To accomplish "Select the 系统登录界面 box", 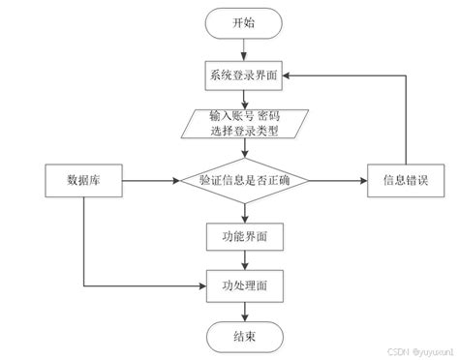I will click(244, 74).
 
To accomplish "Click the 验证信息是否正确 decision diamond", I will click(244, 180).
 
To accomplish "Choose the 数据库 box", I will click(85, 180).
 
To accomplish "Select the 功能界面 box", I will click(244, 235).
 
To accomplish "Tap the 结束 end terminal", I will click(244, 336).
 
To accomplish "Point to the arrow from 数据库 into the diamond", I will click(150, 180).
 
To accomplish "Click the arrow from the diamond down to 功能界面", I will click(244, 213).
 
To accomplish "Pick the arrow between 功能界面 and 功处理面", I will click(244, 260).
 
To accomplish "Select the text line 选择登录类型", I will click(244, 130).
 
